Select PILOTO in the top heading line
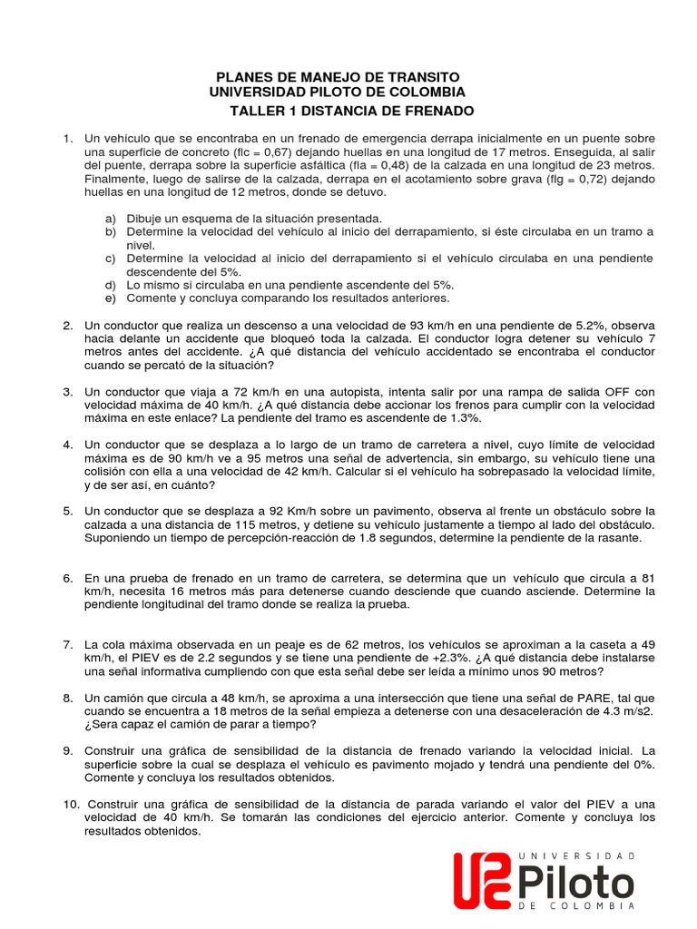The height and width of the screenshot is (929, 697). (x=343, y=93)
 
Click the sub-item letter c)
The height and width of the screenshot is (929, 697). (x=111, y=259)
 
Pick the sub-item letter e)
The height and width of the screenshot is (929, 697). (x=111, y=298)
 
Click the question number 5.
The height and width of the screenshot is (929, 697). (x=68, y=512)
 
